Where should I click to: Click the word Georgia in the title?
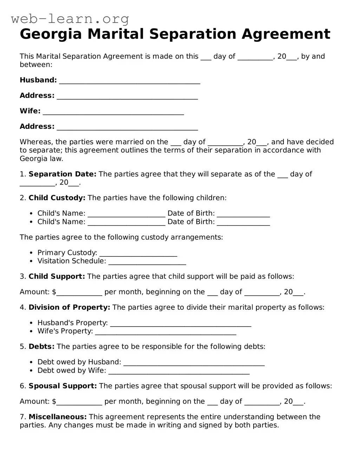pos(51,34)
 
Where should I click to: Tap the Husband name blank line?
pos(130,81)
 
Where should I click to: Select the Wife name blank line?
pos(113,112)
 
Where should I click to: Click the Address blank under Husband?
pos(127,96)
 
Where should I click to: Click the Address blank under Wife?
pos(127,127)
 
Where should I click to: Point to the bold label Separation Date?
pos(62,174)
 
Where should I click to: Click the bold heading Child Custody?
pos(57,198)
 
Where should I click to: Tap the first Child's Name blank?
pos(126,214)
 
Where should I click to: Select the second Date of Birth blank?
pos(243,222)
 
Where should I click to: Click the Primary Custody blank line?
pos(138,253)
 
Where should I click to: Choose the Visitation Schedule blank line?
pos(147,262)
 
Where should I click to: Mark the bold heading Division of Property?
pos(69,308)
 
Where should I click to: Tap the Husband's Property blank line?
pos(181,323)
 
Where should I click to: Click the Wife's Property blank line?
pos(166,332)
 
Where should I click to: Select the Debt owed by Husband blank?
pos(194,363)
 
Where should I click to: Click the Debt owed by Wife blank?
pos(179,371)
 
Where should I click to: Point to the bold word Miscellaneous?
pos(58,417)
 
